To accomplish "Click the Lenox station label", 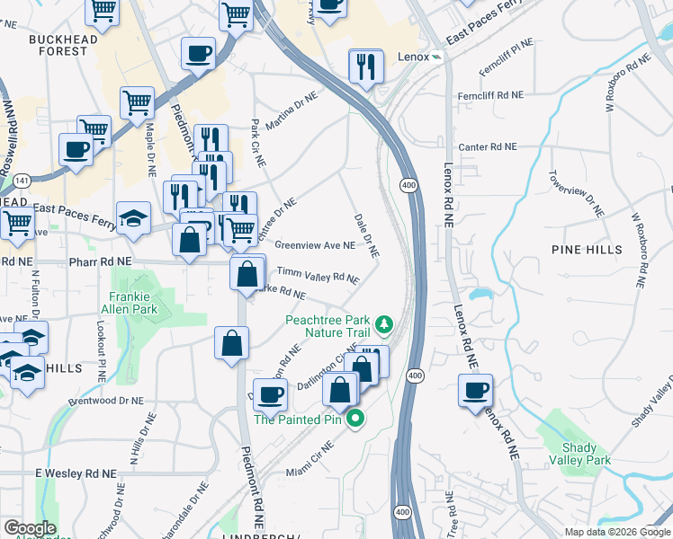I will pos(410,56).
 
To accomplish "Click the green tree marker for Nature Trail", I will pos(384,322).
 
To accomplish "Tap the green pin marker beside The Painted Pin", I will pos(355,418).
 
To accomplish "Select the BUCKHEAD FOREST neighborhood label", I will pos(58,46).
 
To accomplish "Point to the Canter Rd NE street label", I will pos(488,146).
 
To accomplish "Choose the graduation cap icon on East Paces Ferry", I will pos(133,218).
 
